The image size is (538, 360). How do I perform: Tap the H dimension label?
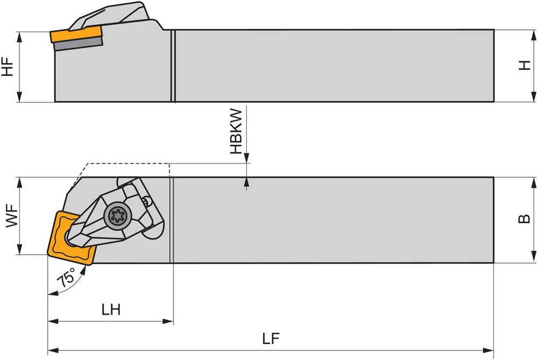tap(524, 65)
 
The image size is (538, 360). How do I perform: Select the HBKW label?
tap(236, 131)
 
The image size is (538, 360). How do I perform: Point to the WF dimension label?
tap(12, 216)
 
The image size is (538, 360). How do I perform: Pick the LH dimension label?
tap(111, 310)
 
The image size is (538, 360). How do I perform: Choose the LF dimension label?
tap(271, 338)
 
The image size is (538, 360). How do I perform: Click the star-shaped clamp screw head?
tap(118, 216)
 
